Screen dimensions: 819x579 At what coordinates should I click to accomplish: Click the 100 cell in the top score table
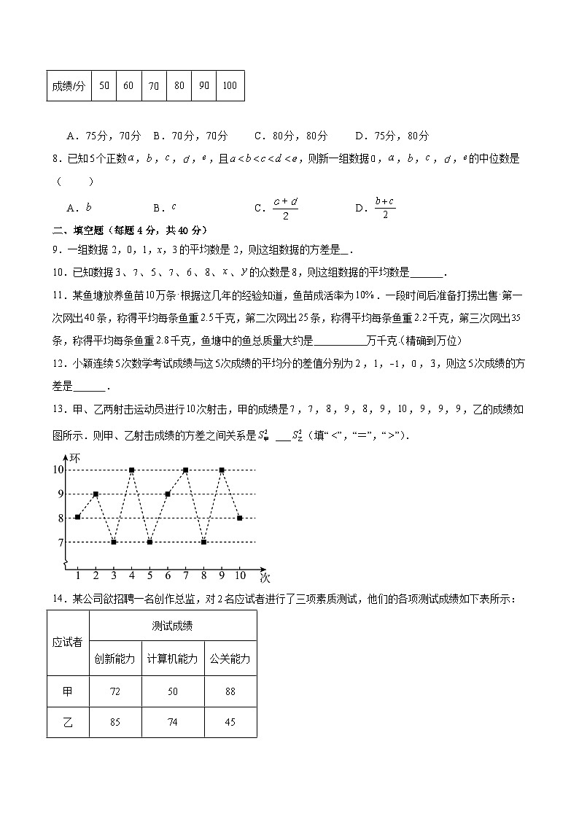[x=229, y=85]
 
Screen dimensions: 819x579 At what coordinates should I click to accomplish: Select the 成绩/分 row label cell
[x=69, y=85]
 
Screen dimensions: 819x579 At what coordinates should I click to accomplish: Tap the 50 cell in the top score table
[x=104, y=85]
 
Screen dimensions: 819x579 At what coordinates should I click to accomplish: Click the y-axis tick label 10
[x=58, y=470]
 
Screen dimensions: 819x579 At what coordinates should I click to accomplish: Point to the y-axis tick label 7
[x=61, y=542]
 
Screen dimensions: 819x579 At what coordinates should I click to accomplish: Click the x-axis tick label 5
[x=149, y=575]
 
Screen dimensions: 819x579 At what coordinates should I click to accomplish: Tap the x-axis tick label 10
[x=240, y=575]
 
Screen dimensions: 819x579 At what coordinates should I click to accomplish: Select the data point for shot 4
[x=131, y=470]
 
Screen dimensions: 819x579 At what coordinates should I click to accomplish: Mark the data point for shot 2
[x=96, y=494]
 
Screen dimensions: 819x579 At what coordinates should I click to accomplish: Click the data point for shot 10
[x=240, y=518]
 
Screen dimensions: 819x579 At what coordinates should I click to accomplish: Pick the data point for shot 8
[x=203, y=542]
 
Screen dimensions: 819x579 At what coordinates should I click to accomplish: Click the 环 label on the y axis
[x=74, y=459]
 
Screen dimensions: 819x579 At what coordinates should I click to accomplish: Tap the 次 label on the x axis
[x=265, y=577]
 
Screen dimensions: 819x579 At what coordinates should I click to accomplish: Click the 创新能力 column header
[x=114, y=659]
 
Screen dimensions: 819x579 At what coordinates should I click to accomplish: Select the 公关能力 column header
[x=230, y=659]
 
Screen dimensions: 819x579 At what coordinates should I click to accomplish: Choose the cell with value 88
[x=230, y=691]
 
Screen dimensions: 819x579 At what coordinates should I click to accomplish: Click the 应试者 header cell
[x=68, y=643]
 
